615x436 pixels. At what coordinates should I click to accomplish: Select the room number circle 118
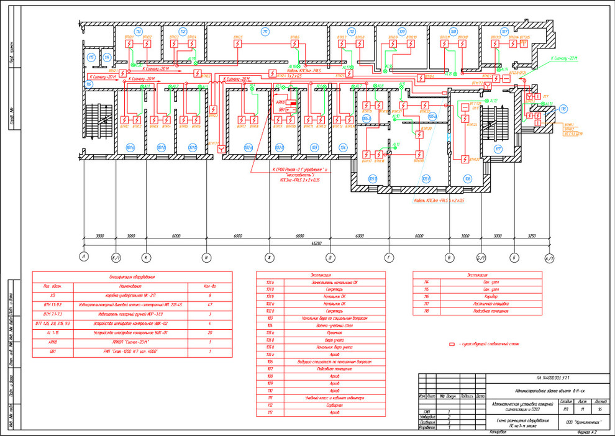563,109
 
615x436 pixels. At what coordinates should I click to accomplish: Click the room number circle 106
467,178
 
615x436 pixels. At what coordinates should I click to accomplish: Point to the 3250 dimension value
532,237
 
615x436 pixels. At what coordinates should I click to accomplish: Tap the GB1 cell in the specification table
53,352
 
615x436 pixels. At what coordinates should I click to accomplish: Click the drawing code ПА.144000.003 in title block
552,377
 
